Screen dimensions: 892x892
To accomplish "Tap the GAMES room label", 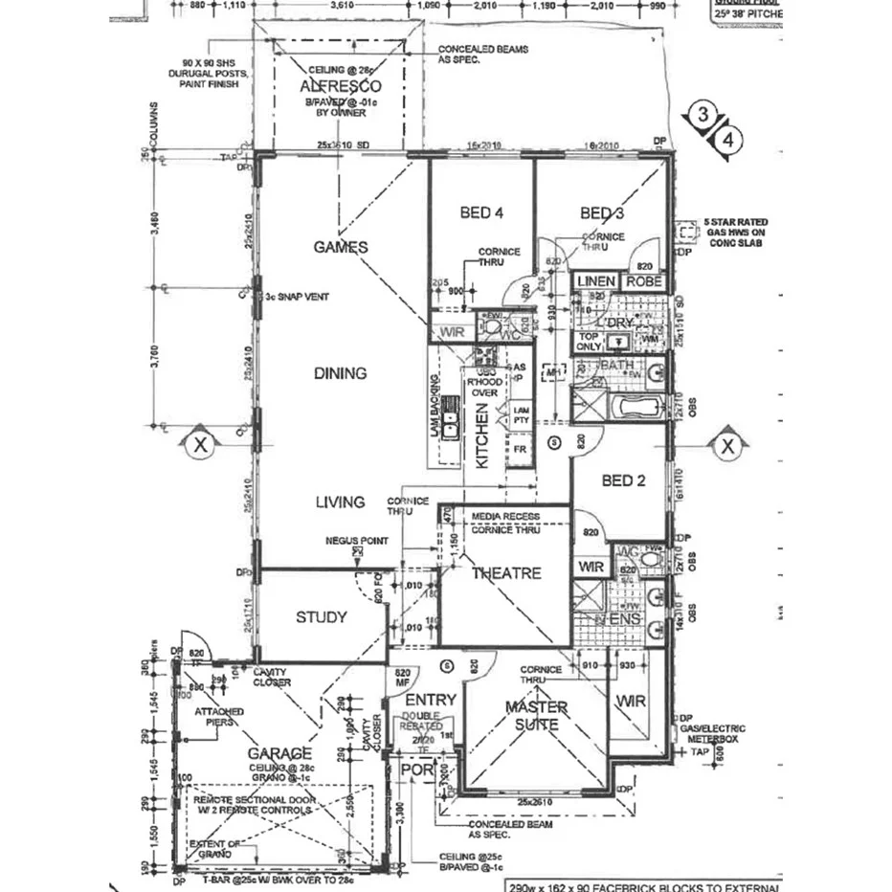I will (x=341, y=247).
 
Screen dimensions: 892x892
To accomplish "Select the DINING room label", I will (x=340, y=373).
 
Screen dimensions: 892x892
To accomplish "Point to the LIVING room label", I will (x=340, y=502).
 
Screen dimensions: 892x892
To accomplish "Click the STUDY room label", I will (x=321, y=617).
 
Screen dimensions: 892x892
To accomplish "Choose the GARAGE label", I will (x=279, y=753).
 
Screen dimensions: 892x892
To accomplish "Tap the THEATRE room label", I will (x=506, y=573).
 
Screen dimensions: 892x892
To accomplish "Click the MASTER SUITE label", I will (x=536, y=717).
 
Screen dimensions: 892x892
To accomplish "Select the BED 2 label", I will (x=621, y=480).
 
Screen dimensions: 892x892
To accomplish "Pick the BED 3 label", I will (x=602, y=212).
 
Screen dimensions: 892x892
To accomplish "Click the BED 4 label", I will (x=482, y=212).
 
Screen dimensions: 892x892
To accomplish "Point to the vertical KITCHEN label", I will (x=482, y=435).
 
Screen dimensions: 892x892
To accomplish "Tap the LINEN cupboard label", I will (x=596, y=282).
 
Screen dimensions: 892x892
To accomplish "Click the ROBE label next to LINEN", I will (x=643, y=282).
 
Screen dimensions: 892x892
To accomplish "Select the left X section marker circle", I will (x=200, y=445).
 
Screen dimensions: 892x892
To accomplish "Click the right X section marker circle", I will (x=727, y=445).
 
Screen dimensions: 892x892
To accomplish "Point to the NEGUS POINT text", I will (x=356, y=541).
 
